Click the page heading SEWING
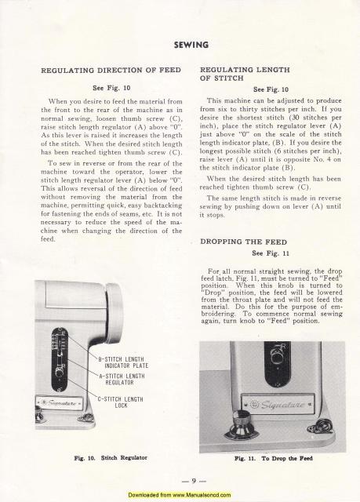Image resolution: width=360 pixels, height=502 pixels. pyautogui.click(x=180, y=44)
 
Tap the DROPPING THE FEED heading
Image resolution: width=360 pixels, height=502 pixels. pyautogui.click(x=241, y=241)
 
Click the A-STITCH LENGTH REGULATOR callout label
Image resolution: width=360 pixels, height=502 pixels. pyautogui.click(x=123, y=379)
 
